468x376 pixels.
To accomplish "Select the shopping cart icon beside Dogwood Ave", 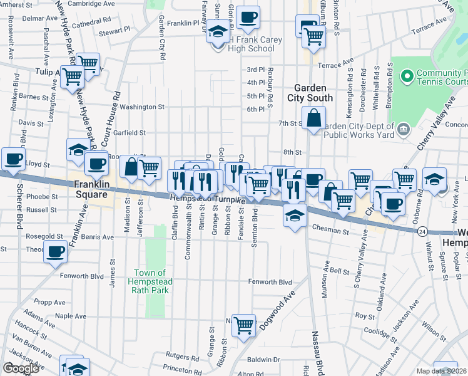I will point(243,325).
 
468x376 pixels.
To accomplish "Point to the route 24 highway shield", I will point(423,231).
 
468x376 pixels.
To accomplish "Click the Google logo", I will point(21,368).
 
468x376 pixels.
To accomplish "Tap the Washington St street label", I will point(142,107).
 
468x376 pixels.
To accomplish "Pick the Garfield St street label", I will point(130,133).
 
